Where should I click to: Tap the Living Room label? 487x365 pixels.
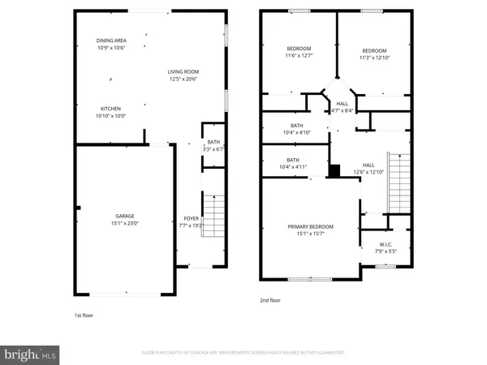(183, 75)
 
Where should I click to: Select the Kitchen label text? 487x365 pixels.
(111, 112)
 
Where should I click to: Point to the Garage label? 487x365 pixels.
(124, 220)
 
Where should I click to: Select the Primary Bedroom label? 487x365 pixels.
(311, 230)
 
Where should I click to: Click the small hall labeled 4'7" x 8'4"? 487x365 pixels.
(343, 107)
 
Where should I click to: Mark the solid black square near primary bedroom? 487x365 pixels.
(334, 171)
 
